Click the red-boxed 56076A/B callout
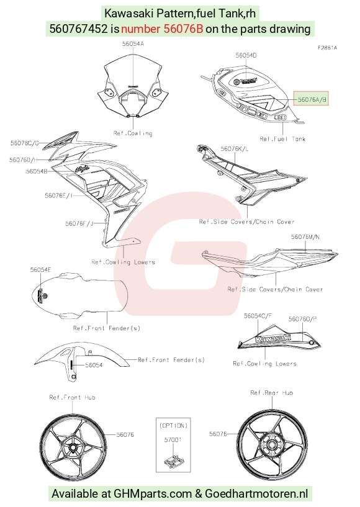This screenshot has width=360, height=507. (311, 99)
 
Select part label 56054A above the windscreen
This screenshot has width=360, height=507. (133, 43)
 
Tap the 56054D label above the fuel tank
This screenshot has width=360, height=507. (246, 55)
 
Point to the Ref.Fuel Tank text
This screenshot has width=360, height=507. (282, 139)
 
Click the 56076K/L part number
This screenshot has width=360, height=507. (235, 149)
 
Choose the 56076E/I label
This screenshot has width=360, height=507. (58, 195)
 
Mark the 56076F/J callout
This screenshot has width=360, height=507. (79, 223)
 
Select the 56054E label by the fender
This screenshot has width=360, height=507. (40, 270)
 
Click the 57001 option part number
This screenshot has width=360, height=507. (173, 440)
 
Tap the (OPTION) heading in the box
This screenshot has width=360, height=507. (173, 426)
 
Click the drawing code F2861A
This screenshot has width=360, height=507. (327, 48)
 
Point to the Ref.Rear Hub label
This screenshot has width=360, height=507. (271, 393)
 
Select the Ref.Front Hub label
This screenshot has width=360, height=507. (72, 397)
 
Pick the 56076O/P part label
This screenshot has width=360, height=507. (302, 319)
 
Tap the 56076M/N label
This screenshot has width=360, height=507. (305, 236)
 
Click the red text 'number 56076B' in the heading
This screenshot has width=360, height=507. (162, 29)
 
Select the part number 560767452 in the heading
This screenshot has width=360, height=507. (78, 29)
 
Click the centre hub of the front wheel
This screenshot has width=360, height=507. (73, 448)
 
